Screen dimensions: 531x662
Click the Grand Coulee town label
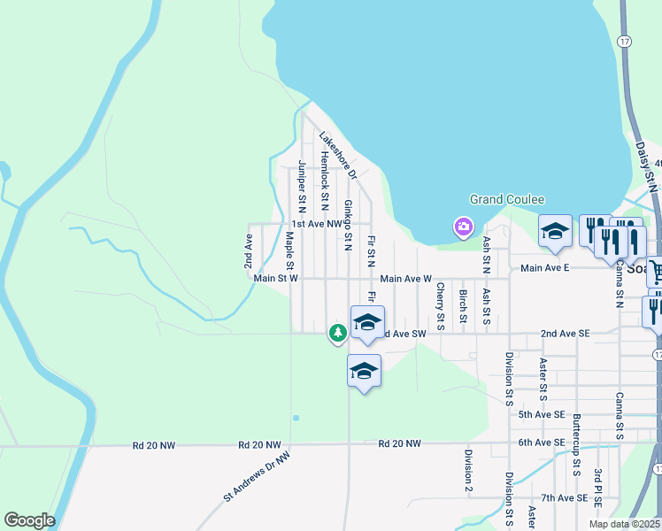coord(506,200)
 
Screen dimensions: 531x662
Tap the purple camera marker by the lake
coord(463,227)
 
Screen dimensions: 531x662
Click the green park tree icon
coord(337,333)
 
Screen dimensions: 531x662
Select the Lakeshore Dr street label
coord(337,156)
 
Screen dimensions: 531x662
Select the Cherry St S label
coord(440,302)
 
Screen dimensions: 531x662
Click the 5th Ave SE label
coord(542,414)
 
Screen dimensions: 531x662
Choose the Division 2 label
coord(467,470)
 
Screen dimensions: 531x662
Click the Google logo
coord(28,520)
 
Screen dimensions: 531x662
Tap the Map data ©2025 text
coord(623,524)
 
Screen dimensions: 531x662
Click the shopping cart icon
coord(655,270)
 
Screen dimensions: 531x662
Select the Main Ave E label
coord(544,268)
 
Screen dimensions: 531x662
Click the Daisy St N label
coord(650,165)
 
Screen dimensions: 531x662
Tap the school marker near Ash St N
coord(555,231)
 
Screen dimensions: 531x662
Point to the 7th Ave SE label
coord(565,498)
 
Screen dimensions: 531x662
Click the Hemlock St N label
coord(325,174)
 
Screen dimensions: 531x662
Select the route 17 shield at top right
coord(626,41)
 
